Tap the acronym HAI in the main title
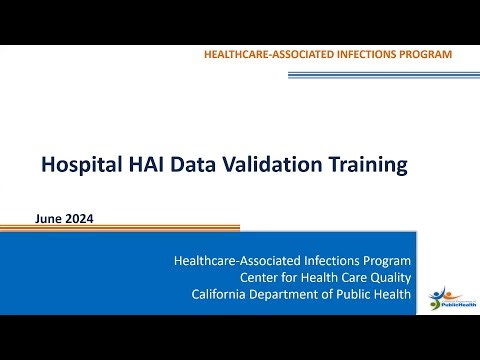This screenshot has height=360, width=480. tap(142, 164)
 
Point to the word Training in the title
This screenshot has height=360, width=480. tap(365, 164)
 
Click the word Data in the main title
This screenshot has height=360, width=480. tap(190, 164)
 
